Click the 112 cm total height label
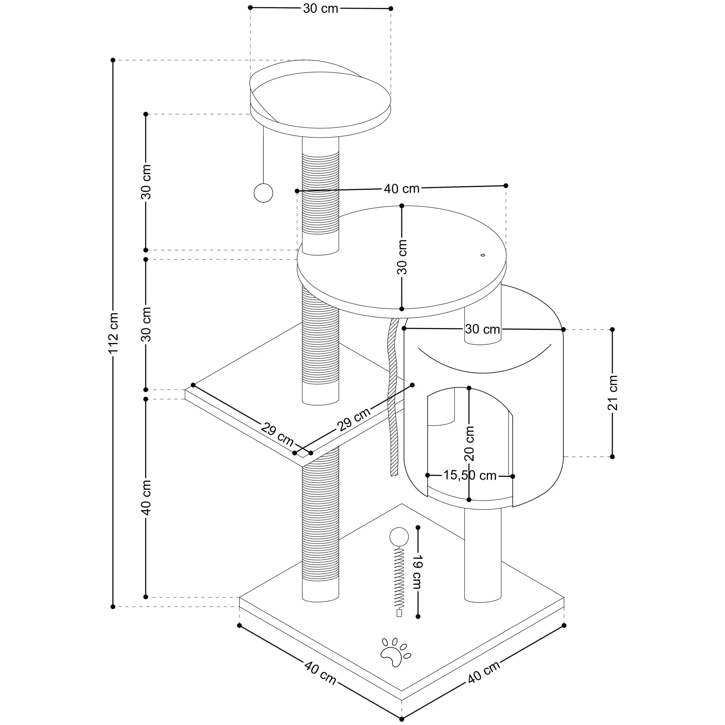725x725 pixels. [x=113, y=332]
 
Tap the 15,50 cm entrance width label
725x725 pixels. [x=470, y=476]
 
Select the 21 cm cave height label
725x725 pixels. [x=612, y=393]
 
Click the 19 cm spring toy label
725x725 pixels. [x=418, y=572]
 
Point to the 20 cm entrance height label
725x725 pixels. [x=469, y=444]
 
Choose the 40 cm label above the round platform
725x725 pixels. [x=402, y=188]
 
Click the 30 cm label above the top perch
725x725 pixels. [x=320, y=8]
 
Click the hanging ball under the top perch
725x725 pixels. [x=264, y=193]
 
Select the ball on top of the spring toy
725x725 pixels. [x=399, y=537]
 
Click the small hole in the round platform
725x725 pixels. [x=482, y=255]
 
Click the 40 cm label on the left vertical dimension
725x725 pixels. [x=146, y=498]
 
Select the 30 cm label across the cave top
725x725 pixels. [x=482, y=329]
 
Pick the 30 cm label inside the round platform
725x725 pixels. [x=402, y=257]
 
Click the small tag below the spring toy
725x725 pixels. [x=399, y=614]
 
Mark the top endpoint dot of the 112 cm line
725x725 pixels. [x=113, y=60]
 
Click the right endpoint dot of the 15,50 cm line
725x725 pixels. [x=513, y=476]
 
